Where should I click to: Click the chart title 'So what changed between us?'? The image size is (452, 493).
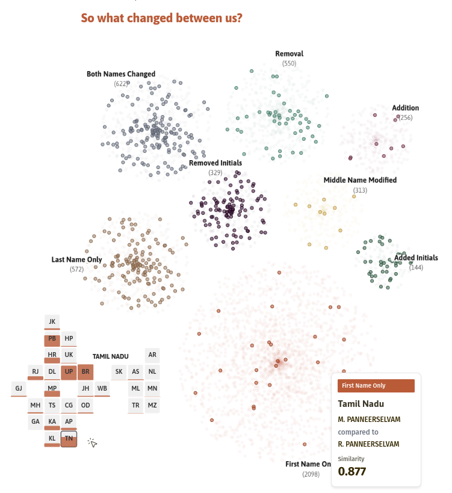(161, 18)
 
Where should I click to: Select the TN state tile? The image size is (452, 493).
(69, 439)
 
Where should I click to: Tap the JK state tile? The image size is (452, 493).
(52, 321)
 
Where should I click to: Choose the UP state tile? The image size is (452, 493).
(69, 371)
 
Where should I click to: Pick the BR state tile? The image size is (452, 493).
(85, 371)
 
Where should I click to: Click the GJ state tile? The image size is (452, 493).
(19, 388)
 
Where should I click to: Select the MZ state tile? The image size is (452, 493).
(152, 405)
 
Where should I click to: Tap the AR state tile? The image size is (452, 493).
(152, 355)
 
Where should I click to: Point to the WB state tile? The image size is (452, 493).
(102, 388)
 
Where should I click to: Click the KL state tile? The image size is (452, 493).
(52, 439)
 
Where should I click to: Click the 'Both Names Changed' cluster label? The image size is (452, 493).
(121, 74)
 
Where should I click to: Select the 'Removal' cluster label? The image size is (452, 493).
(289, 54)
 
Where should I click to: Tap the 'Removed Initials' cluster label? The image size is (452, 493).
(215, 163)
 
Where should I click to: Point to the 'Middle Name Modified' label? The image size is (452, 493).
(360, 180)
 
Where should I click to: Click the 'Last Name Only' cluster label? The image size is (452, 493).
(76, 260)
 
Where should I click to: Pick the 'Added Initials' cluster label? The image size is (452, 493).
(416, 258)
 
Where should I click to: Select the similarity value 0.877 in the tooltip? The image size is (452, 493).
(352, 471)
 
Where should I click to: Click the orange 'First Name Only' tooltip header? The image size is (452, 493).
(376, 385)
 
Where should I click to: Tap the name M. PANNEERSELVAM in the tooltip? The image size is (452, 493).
(368, 418)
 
